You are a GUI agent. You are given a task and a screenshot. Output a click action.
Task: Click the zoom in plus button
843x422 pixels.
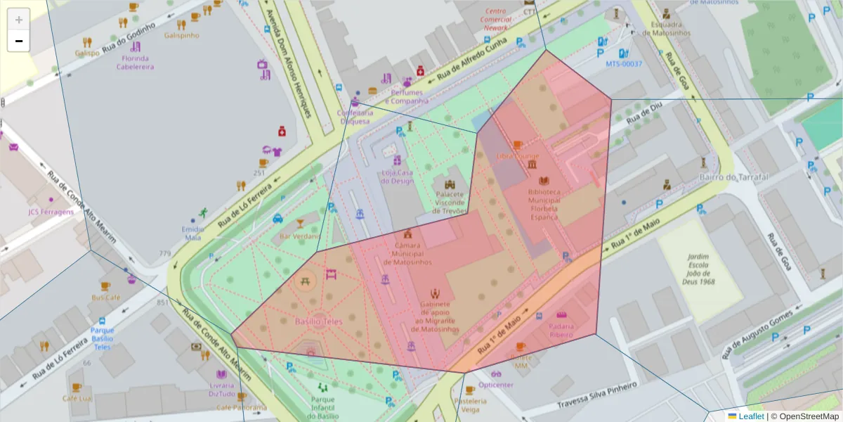(x=18, y=19)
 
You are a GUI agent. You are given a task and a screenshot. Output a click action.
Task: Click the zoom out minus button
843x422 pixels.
(x=18, y=41)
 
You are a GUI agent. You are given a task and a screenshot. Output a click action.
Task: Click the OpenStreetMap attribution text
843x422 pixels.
(x=804, y=416)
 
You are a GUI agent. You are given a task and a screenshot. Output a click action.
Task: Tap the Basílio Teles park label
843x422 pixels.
(x=319, y=321)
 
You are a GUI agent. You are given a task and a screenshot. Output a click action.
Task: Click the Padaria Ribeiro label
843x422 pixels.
(x=561, y=331)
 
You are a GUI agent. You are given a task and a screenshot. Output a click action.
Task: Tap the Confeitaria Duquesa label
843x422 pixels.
(x=355, y=117)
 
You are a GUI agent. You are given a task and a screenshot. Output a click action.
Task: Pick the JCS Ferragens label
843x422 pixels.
(x=51, y=212)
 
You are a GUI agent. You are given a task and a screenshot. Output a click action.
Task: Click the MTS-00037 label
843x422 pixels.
(x=624, y=64)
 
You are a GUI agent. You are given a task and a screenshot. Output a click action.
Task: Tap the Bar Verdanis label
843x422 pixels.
(x=300, y=236)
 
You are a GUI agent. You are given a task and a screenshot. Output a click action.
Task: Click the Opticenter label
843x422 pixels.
(x=496, y=385)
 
